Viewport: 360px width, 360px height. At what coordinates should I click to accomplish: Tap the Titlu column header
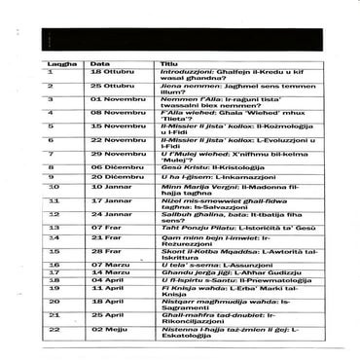coord(169,62)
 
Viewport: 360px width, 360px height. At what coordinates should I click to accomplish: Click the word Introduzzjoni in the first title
coord(185,72)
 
